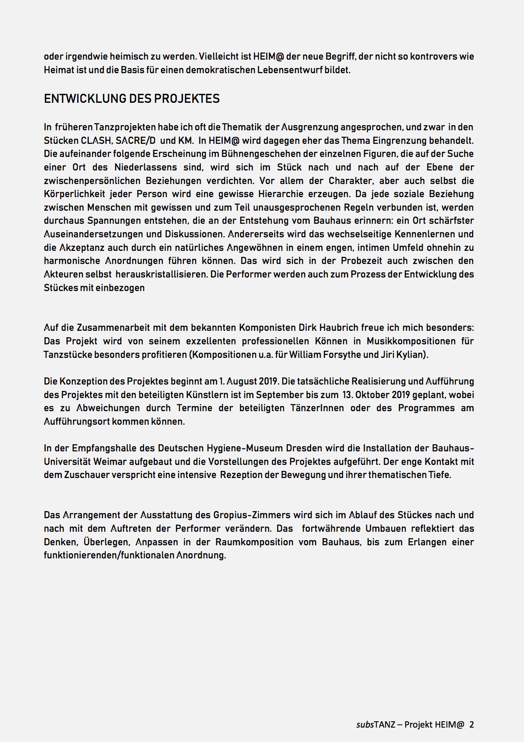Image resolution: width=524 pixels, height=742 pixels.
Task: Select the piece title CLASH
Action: pos(96,140)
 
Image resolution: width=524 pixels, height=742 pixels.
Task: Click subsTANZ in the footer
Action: pos(375,725)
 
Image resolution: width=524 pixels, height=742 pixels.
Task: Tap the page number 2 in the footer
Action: pos(472,725)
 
